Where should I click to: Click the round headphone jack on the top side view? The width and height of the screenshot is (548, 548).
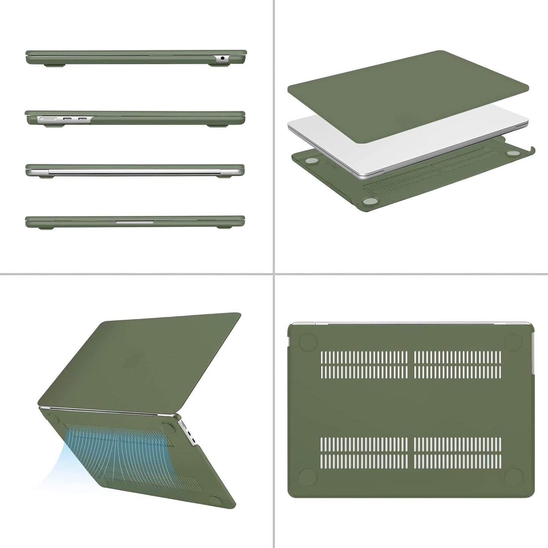click(x=222, y=59)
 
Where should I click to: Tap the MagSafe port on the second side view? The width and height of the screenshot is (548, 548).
click(x=47, y=119)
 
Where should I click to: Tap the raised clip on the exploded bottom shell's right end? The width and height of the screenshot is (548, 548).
click(x=531, y=151)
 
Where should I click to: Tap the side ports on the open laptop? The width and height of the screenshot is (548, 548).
click(x=189, y=432)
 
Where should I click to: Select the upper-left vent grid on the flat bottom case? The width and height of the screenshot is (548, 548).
click(x=364, y=364)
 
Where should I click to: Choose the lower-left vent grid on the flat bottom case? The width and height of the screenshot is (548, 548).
click(x=364, y=452)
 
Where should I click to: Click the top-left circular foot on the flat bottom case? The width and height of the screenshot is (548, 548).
click(x=306, y=341)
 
